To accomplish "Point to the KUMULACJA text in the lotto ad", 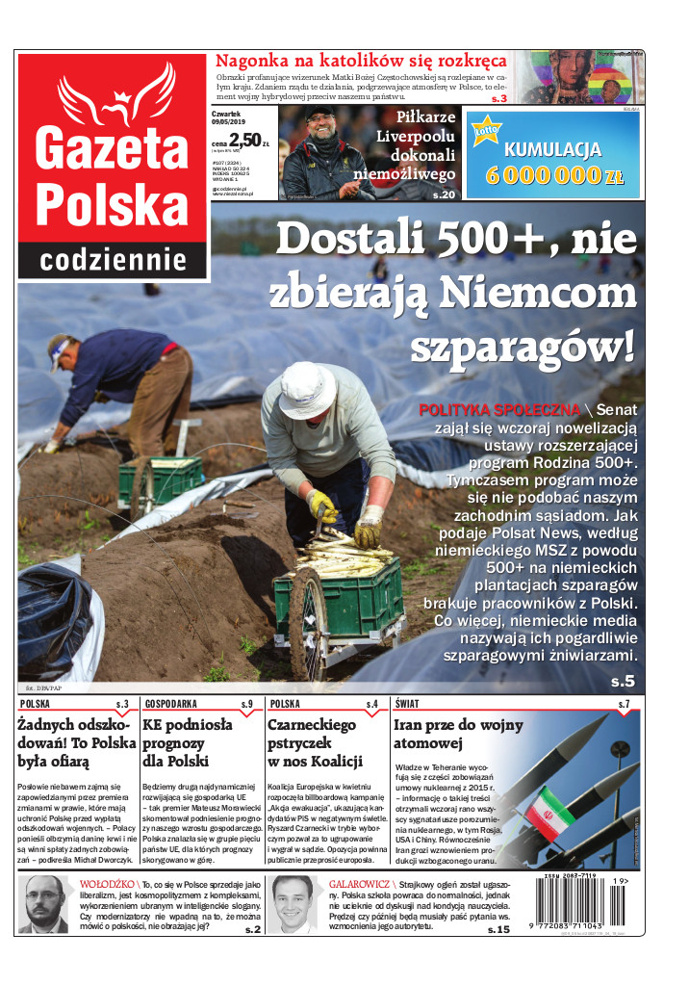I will click(553, 150).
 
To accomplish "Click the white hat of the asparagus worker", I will click(308, 389).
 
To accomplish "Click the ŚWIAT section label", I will click(406, 704).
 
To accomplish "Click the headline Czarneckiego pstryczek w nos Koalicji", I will click(315, 742).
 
